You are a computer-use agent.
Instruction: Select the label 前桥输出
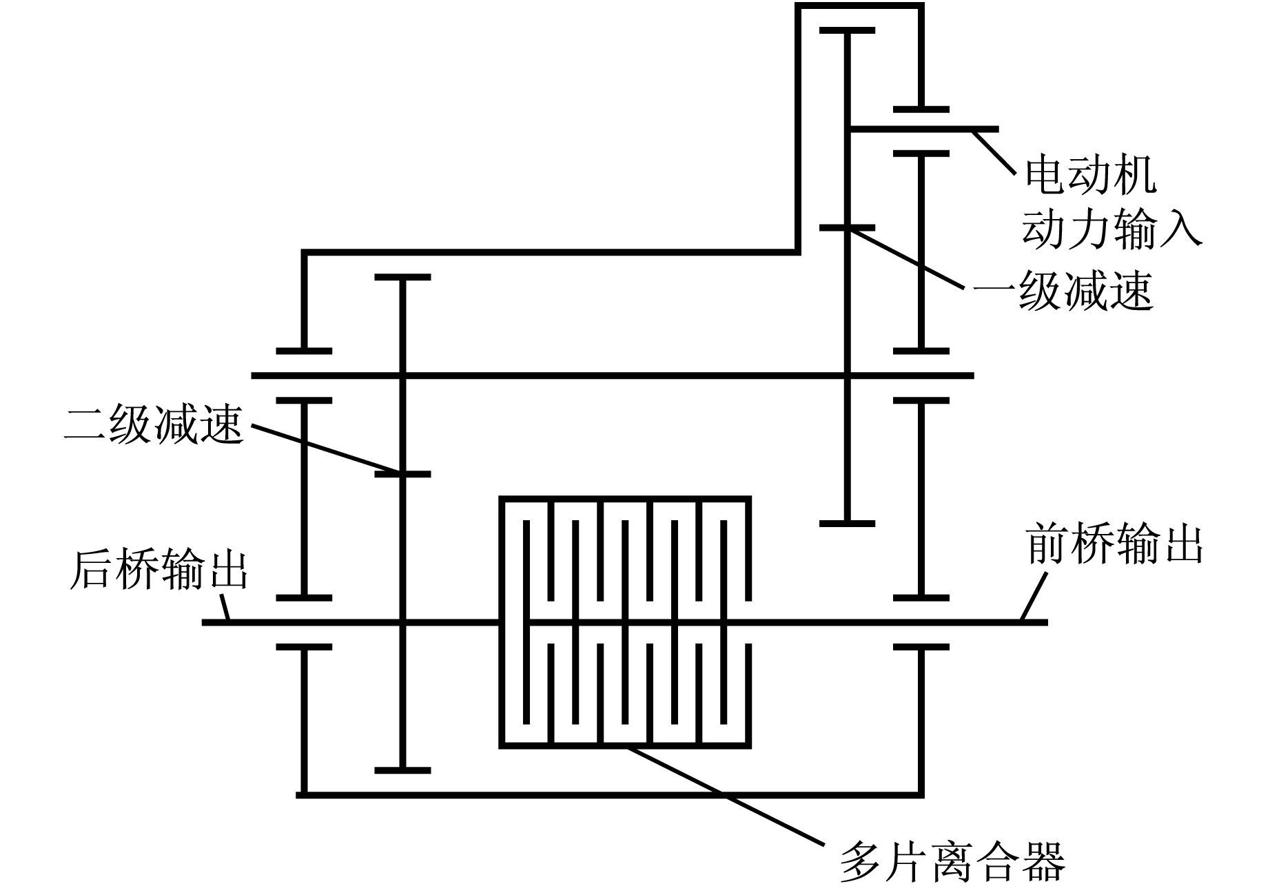[x=1114, y=544]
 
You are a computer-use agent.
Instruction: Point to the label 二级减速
[x=154, y=423]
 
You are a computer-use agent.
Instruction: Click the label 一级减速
[x=1063, y=290]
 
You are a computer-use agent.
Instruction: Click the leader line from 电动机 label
[x=993, y=151]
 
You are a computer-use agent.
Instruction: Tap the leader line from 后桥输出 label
[x=224, y=608]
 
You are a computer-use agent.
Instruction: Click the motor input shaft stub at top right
[x=923, y=129]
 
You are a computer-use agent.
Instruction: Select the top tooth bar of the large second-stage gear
[x=402, y=277]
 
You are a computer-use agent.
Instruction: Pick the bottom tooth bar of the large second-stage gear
[x=402, y=770]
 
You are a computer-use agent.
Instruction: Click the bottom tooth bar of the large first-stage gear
[x=847, y=524]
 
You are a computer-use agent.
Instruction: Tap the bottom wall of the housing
[x=611, y=794]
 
